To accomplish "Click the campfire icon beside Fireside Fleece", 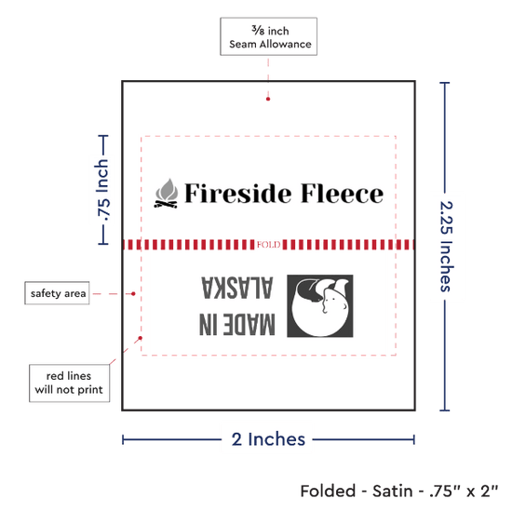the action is pyautogui.click(x=167, y=194).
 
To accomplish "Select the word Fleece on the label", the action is pyautogui.click(x=342, y=194).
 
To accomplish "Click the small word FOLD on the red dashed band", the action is pyautogui.click(x=268, y=245).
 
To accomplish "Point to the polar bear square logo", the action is pyautogui.click(x=320, y=305).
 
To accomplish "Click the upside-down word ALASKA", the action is pyautogui.click(x=237, y=288).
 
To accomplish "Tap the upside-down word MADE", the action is pyautogui.click(x=249, y=324).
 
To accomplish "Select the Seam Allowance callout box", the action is pyautogui.click(x=269, y=36).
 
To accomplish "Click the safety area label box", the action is pyautogui.click(x=57, y=293).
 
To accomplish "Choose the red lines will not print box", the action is pyautogui.click(x=69, y=383).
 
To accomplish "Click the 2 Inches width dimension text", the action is pyautogui.click(x=268, y=439).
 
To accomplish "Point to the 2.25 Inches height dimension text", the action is pyautogui.click(x=446, y=247).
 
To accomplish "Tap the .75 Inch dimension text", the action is pyautogui.click(x=102, y=190).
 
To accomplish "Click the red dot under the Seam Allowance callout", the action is pyautogui.click(x=268, y=99).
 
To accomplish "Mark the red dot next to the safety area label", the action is pyautogui.click(x=133, y=294).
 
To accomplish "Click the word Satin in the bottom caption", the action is pyautogui.click(x=393, y=492).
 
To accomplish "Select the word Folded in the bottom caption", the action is pyautogui.click(x=328, y=492).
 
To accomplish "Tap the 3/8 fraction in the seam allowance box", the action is pyautogui.click(x=258, y=30).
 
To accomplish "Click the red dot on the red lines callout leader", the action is pyautogui.click(x=140, y=338).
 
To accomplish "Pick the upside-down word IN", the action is pyautogui.click(x=208, y=324).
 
